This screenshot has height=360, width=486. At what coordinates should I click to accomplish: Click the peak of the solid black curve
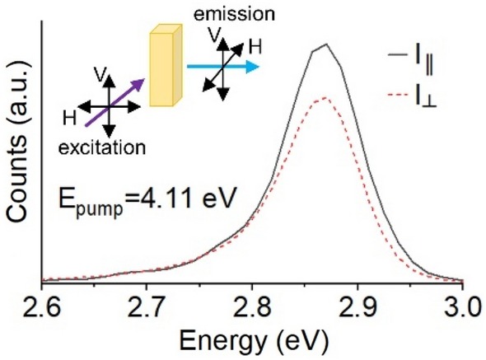coord(327,44)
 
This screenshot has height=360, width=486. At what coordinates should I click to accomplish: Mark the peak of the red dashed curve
coord(326,98)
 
